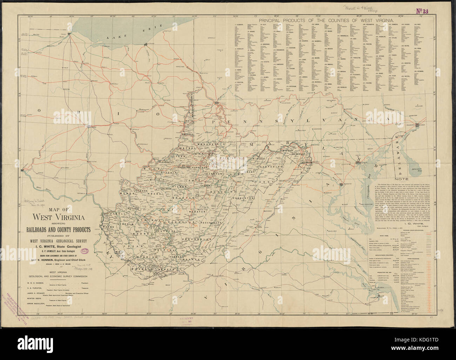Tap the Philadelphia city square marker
(x=417, y=125)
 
